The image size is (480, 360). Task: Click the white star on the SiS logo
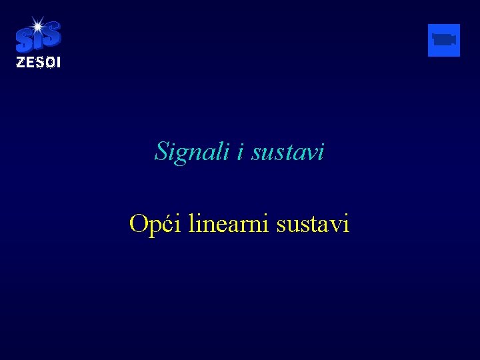tap(37, 26)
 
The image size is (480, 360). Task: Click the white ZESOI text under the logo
tap(38, 63)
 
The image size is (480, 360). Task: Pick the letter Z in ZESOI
tap(20, 63)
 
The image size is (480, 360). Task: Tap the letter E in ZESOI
tap(29, 63)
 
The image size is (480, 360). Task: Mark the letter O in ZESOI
tap(48, 63)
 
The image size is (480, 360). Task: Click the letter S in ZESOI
tap(38, 63)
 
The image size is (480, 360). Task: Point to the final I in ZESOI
tap(58, 63)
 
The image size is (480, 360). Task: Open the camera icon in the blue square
tap(443, 40)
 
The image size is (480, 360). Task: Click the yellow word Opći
tap(155, 223)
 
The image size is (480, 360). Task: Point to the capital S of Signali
tap(161, 151)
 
